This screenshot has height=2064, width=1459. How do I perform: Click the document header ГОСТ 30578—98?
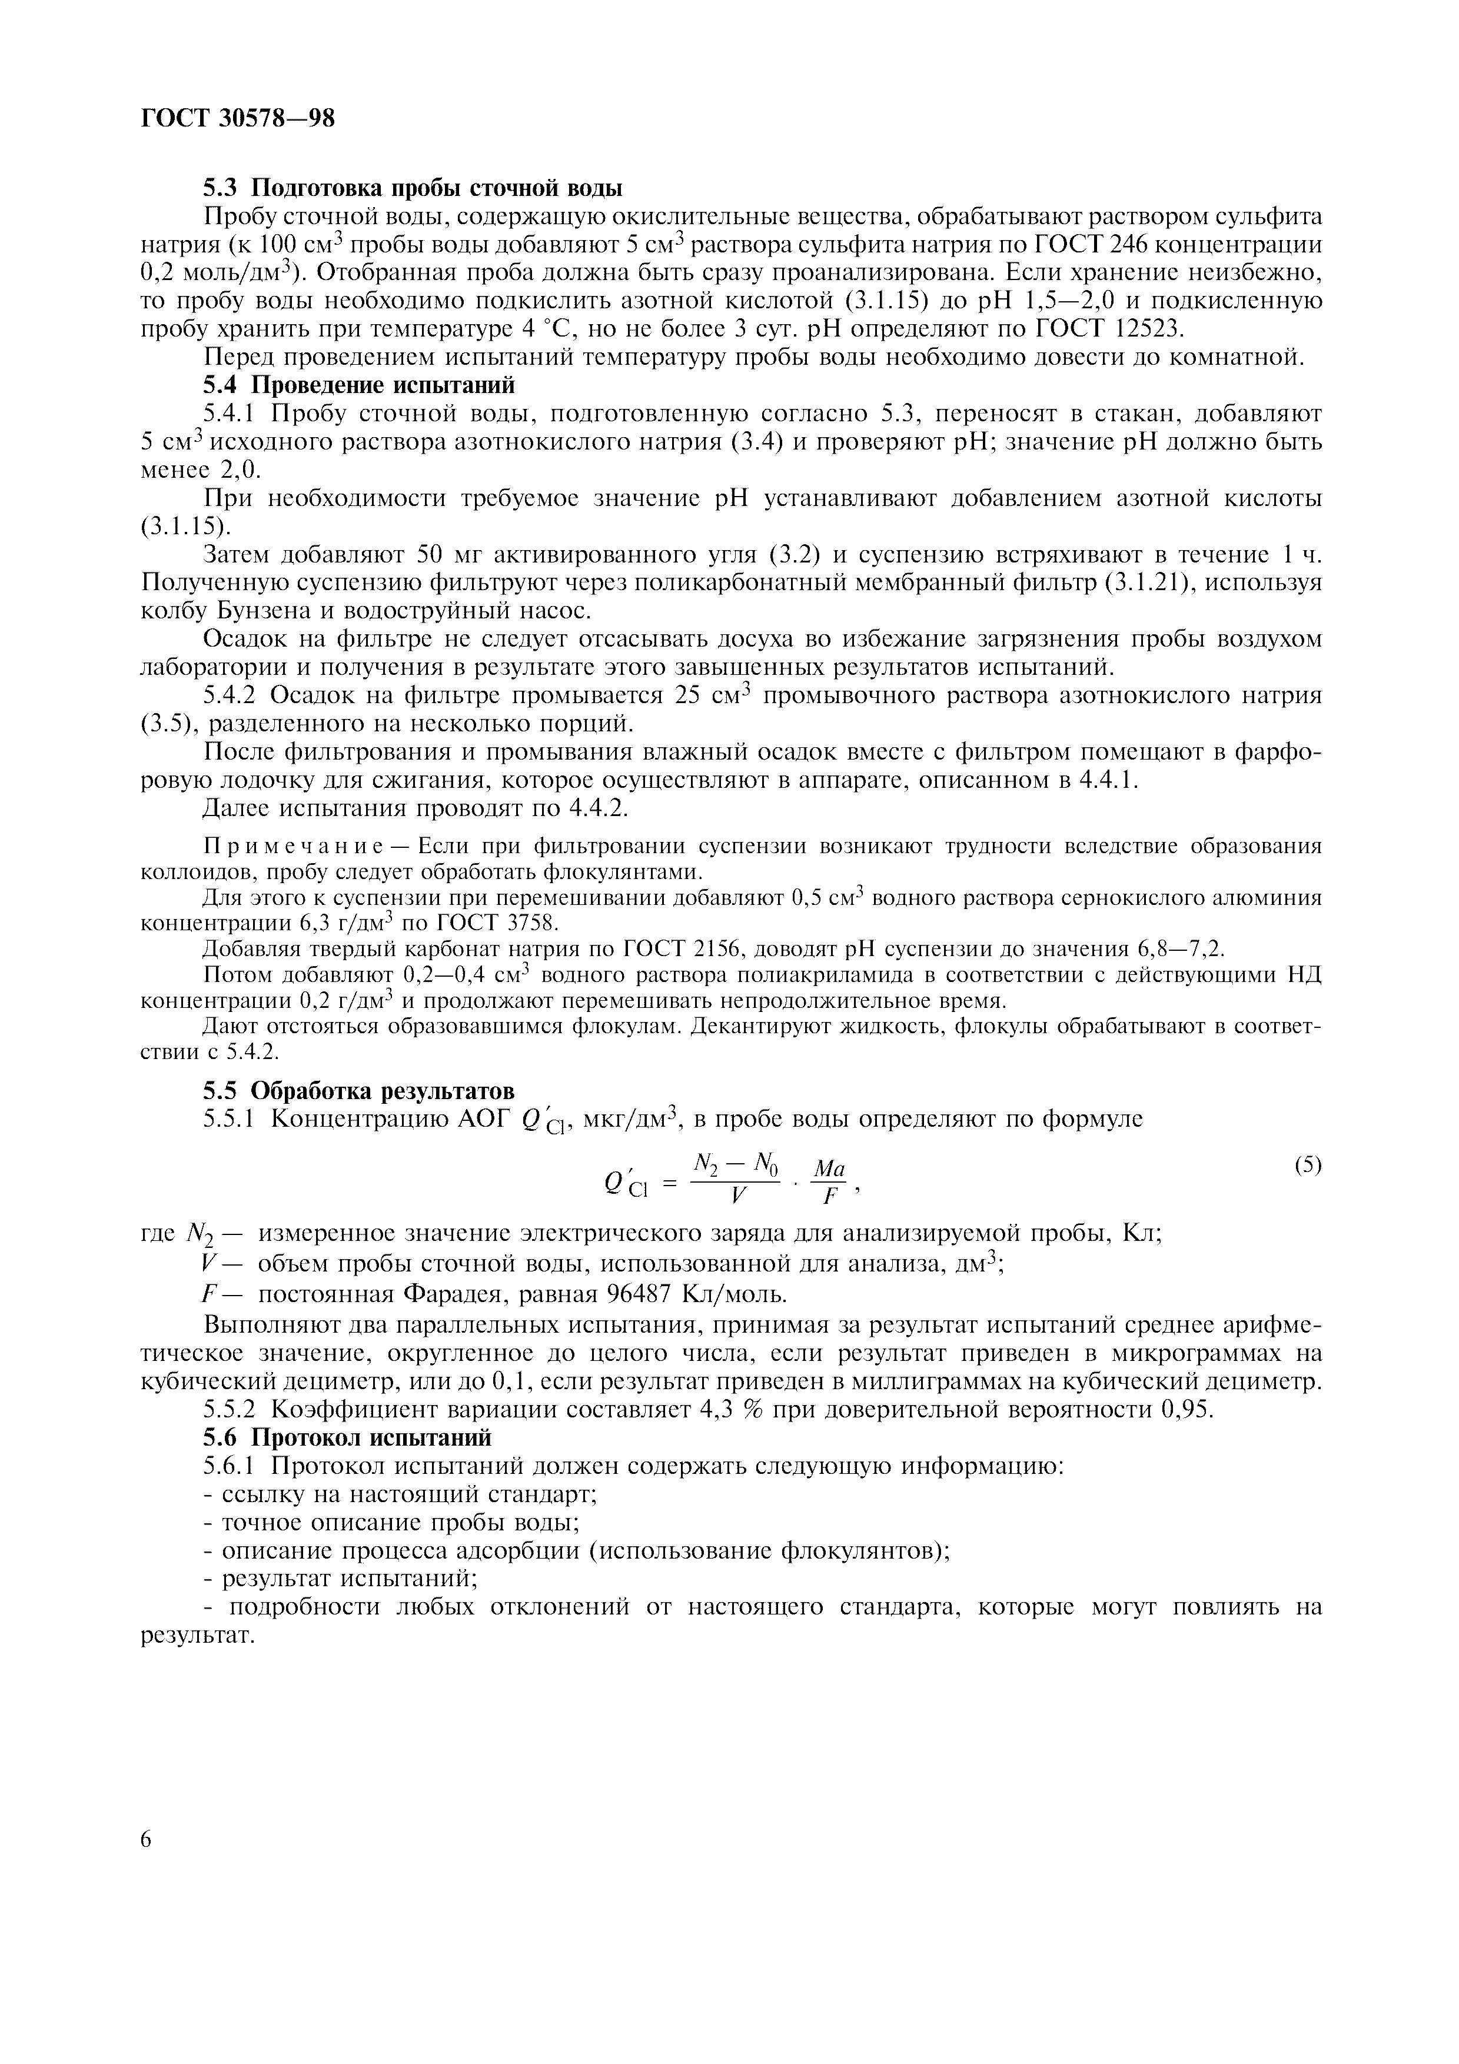click(238, 119)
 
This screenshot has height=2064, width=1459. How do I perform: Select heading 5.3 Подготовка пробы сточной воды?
click(413, 189)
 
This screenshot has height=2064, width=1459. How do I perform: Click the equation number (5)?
click(1308, 1165)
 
